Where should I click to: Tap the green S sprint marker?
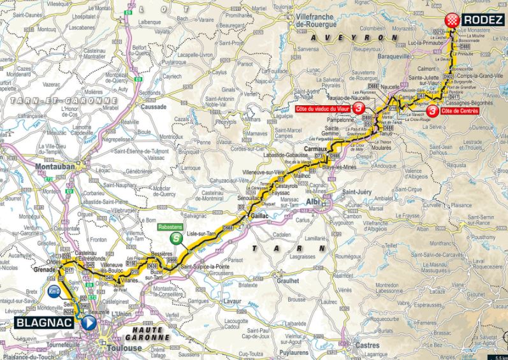point(175,238)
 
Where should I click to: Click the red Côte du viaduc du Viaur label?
point(324,109)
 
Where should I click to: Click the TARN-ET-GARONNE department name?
point(59,100)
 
